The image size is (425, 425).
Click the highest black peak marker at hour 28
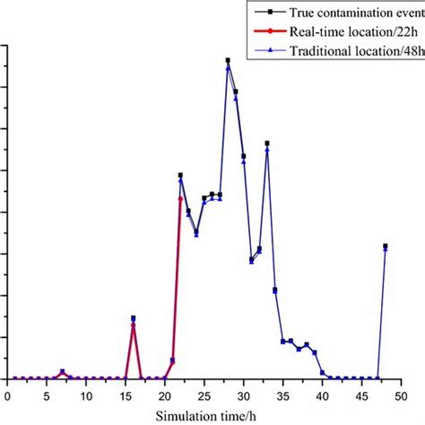pos(228,60)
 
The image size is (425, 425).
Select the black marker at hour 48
pos(386,246)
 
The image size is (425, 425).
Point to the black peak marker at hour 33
pos(267,143)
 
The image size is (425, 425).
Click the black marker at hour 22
pos(180,175)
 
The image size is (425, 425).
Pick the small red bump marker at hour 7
pos(63,371)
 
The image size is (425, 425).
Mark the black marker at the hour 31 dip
pos(251,260)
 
